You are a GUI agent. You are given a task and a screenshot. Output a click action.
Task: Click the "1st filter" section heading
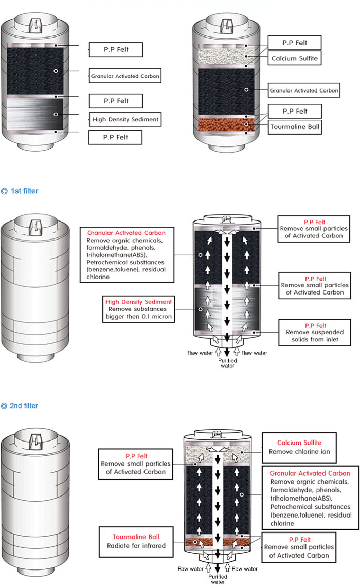pyautogui.click(x=24, y=191)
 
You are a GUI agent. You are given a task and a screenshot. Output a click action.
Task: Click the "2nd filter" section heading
pyautogui.click(x=24, y=406)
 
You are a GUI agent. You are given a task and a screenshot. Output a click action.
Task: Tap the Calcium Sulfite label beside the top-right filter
pyautogui.click(x=295, y=59)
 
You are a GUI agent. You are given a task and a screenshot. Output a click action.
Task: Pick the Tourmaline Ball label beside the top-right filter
pyautogui.click(x=295, y=126)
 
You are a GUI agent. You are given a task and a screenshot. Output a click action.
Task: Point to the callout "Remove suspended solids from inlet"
pyautogui.click(x=313, y=333)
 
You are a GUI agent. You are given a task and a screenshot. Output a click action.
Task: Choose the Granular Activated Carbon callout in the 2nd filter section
pyautogui.click(x=310, y=498)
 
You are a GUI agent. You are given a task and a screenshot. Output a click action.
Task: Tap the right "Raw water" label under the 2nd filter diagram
pyautogui.click(x=244, y=569)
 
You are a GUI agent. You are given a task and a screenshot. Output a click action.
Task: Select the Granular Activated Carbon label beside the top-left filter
pyautogui.click(x=124, y=76)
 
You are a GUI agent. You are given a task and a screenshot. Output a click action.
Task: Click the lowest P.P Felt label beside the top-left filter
pyautogui.click(x=115, y=137)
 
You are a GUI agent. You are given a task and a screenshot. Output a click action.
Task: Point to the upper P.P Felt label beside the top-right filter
pyautogui.click(x=295, y=43)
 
